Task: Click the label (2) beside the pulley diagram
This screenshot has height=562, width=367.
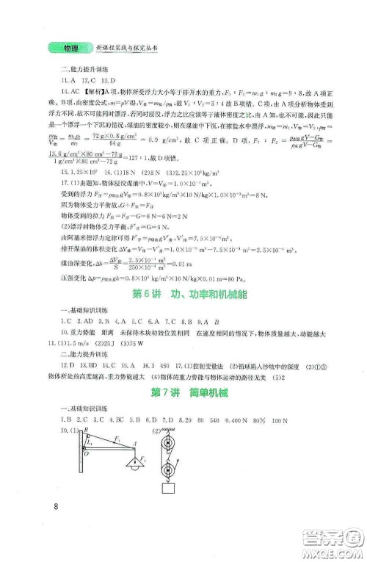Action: click(155, 431)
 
